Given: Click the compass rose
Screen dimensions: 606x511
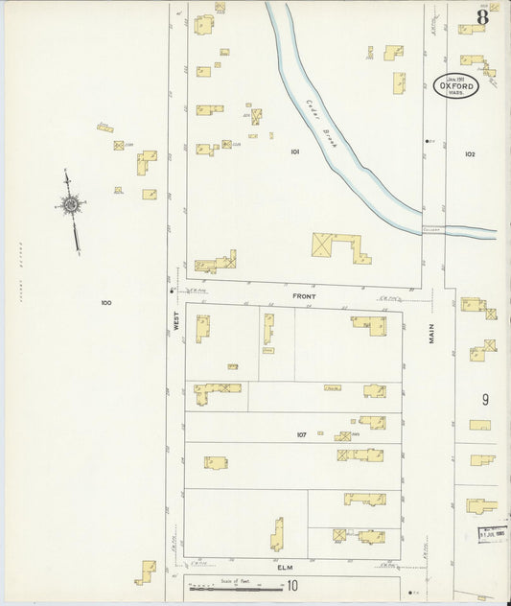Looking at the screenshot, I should coord(70,204).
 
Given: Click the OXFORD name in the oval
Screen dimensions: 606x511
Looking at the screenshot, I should coord(460,84).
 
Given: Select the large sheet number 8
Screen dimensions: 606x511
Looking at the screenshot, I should coord(482,16).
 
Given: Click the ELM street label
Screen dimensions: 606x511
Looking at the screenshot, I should coord(285,567).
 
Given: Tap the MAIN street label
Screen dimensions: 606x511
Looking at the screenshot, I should coord(432,333).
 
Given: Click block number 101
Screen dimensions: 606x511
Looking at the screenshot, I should coord(295,151).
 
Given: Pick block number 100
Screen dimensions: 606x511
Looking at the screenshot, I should coord(105,303).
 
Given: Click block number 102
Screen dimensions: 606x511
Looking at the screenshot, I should coord(470,153).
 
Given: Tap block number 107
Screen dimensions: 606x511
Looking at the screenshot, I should coord(301,434).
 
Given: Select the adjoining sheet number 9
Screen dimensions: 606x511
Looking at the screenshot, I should coord(485,399).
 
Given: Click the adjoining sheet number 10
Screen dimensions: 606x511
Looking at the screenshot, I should coord(291,585).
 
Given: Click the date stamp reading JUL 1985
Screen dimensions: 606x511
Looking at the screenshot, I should coord(492,532).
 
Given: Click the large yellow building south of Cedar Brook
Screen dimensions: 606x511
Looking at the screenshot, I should coord(340,246).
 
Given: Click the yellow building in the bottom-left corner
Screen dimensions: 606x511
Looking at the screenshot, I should coord(146,571).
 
